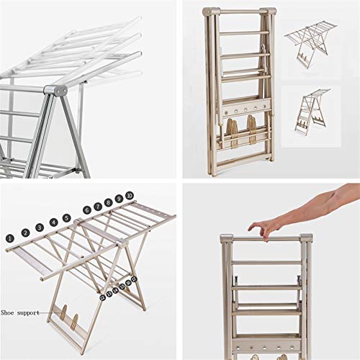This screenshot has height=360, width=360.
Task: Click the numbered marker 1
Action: point(10,237)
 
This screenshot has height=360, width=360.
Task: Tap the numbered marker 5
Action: point(66,217)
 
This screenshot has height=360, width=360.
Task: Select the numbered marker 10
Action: point(129,195)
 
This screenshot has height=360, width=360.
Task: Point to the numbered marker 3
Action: point(39,228)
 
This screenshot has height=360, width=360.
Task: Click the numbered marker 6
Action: point(86,210)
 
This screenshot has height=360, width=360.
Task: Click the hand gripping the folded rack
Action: point(265,228)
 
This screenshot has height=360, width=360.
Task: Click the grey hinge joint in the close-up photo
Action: point(55,91)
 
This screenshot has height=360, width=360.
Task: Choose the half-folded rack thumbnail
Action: point(311,112)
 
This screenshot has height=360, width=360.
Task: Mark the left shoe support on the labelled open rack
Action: point(63,315)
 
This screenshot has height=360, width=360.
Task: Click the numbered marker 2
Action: point(24,233)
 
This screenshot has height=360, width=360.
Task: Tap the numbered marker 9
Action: point(119,199)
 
